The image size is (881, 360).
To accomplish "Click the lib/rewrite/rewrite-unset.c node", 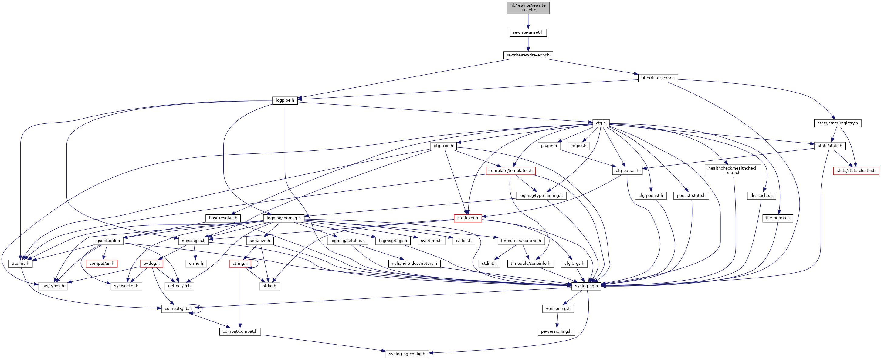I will tap(528, 8).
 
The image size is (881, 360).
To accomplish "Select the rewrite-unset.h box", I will tap(528, 32).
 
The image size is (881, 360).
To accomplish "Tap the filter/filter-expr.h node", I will tap(658, 78).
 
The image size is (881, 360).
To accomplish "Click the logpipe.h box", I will tap(285, 100).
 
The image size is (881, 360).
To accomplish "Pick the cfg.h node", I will tap(601, 123).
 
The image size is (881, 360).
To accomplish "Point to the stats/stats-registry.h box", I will tap(837, 123).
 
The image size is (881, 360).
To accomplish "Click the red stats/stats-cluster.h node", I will tap(856, 171).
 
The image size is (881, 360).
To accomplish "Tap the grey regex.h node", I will tap(578, 146).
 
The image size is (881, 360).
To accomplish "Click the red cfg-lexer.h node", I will tap(468, 218).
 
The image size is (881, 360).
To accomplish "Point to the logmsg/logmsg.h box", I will tap(283, 218).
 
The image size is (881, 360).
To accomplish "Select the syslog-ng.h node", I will tap(586, 286).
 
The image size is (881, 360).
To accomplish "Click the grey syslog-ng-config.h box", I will tap(407, 354).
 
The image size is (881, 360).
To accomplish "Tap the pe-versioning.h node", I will tap(556, 331).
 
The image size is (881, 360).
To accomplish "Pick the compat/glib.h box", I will tap(178, 309).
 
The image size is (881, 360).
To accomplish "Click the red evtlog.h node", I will tap(151, 264).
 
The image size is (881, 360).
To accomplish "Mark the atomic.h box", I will tap(21, 264).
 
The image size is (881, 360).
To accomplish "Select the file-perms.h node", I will tap(778, 218).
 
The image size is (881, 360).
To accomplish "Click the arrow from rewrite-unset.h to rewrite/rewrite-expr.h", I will tap(528, 44).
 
